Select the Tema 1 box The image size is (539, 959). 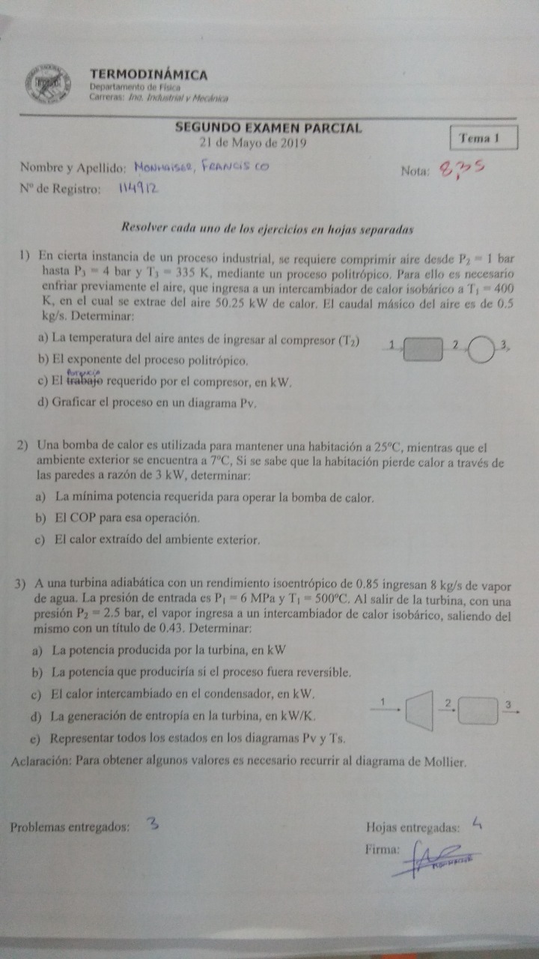[478, 138]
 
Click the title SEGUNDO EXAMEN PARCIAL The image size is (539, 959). [269, 128]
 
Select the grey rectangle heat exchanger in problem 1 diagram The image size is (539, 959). [422, 349]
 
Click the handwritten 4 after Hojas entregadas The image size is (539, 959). [477, 824]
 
